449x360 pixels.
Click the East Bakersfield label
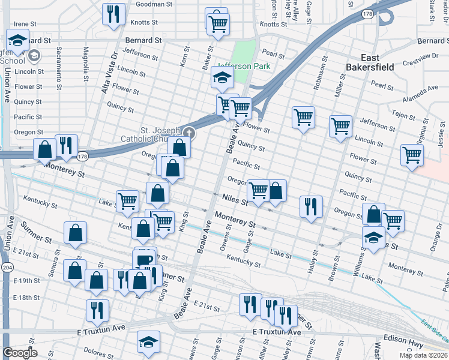[370, 62]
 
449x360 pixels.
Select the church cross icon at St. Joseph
[189, 132]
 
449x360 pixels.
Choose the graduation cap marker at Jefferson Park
[221, 77]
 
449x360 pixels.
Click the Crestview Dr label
[421, 59]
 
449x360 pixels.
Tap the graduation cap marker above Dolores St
[148, 341]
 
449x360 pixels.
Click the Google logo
[20, 353]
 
